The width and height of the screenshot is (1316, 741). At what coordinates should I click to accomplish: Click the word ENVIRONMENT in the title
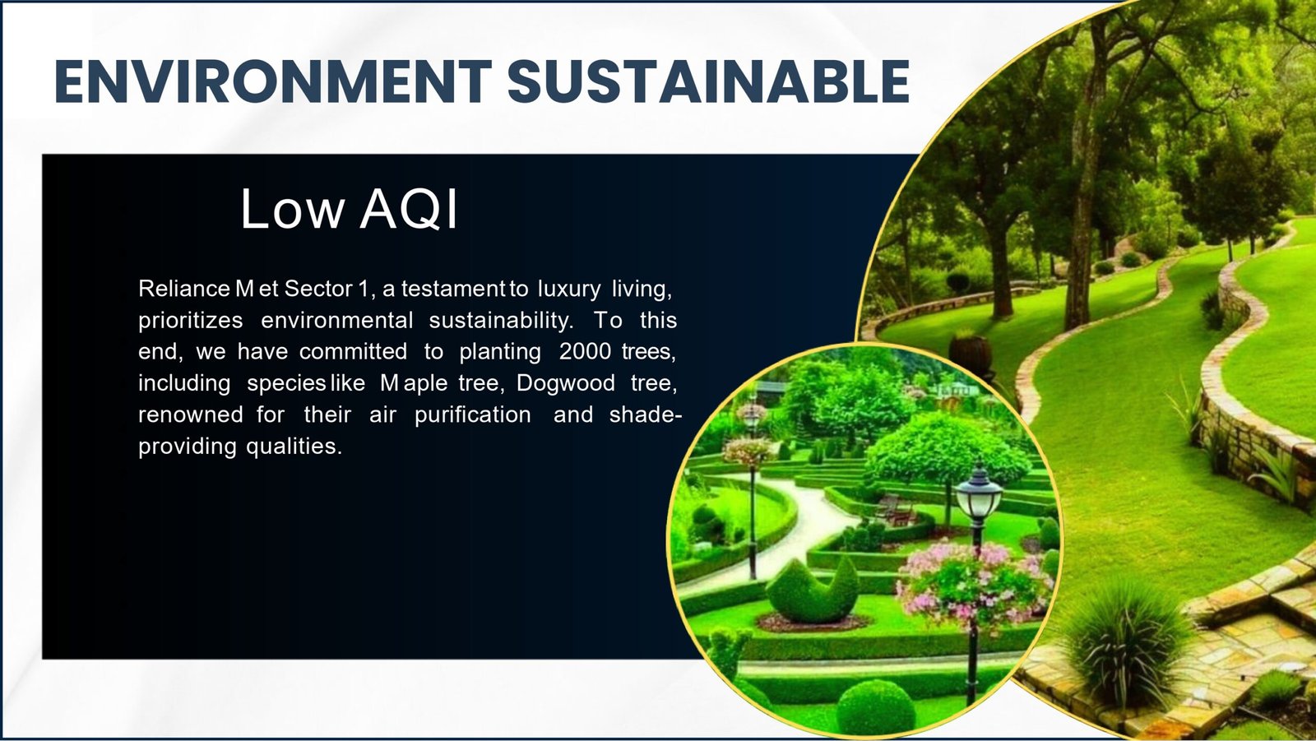(273, 81)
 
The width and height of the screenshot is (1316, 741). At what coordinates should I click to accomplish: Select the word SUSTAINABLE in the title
(708, 81)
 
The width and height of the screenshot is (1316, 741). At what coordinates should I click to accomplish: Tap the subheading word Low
(292, 208)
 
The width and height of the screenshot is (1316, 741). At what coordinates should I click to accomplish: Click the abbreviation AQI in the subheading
(408, 208)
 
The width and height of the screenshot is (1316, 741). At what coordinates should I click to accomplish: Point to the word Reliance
(184, 289)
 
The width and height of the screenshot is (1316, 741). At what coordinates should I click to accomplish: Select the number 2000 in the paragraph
(585, 351)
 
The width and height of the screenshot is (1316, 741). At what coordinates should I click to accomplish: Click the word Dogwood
(566, 384)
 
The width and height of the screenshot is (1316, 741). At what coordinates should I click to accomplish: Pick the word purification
(472, 414)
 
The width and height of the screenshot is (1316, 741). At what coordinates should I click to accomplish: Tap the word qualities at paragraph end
(294, 447)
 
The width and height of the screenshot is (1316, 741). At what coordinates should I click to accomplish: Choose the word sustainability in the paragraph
(501, 321)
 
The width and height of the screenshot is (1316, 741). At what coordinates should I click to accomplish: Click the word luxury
(568, 289)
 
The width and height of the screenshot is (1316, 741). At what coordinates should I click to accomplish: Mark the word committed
(353, 351)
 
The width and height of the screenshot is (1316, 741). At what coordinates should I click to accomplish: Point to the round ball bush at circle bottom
(875, 707)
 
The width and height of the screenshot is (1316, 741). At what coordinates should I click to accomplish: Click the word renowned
(190, 414)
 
